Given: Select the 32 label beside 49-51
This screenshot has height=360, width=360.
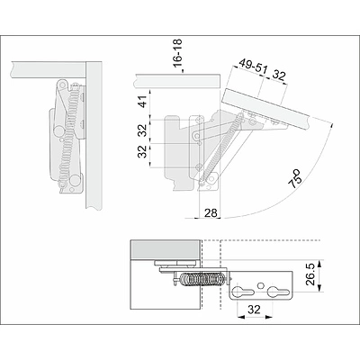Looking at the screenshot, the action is tap(279, 75).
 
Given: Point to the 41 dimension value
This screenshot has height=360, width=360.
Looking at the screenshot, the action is tap(144, 102).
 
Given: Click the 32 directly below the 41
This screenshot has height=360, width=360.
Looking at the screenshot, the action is tap(144, 130).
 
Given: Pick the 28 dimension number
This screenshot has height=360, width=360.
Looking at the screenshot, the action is tap(211, 213).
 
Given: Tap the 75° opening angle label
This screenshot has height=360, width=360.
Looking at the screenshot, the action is tap(294, 179).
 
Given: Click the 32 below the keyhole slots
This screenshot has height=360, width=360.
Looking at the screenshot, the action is tap(255, 310).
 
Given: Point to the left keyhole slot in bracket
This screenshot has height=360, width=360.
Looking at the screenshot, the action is tap(243, 292).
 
